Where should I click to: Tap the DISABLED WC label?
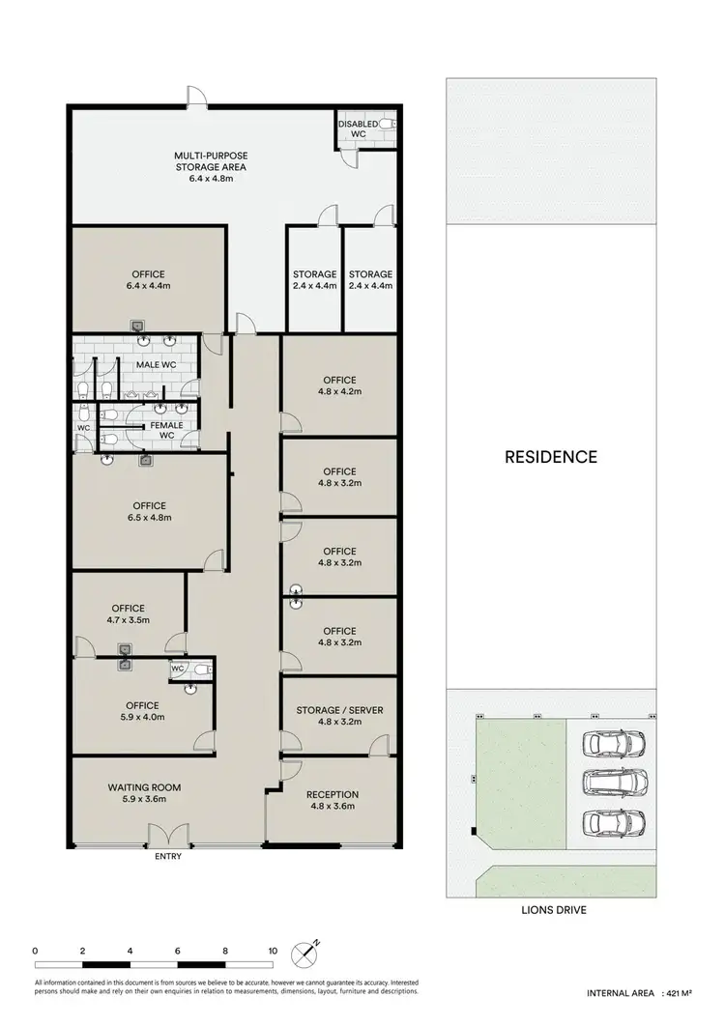(x=358, y=128)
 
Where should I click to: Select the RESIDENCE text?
(x=551, y=457)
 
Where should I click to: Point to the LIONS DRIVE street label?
(x=554, y=910)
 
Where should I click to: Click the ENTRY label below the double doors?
(x=167, y=856)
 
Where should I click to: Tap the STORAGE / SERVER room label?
(x=337, y=710)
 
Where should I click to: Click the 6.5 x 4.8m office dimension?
(x=150, y=517)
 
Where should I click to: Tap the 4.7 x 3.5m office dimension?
(x=128, y=620)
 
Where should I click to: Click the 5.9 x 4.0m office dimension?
(x=141, y=718)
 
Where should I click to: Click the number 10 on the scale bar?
(x=273, y=951)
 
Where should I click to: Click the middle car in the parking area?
(x=612, y=783)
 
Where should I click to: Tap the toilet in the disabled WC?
(x=385, y=125)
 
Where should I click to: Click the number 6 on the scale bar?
(x=178, y=951)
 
